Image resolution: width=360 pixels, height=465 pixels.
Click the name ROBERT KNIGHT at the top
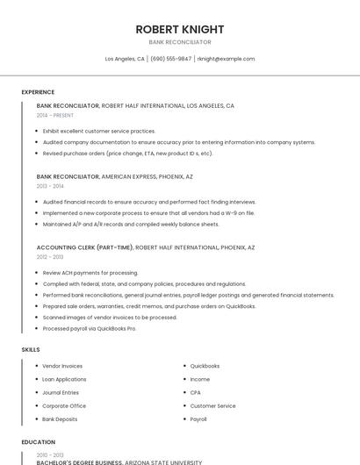[179, 29]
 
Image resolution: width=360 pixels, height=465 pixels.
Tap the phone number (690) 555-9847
[170, 59]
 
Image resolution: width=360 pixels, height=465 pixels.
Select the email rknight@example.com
[226, 59]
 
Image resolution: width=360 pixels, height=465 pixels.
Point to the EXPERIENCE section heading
[38, 92]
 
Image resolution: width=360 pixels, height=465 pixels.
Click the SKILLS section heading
[31, 349]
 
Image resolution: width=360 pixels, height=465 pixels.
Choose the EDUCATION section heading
[38, 442]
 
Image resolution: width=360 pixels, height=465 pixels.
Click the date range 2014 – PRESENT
[55, 115]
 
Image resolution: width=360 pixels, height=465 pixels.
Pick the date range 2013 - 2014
[50, 186]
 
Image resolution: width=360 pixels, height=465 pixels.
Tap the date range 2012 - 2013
[50, 257]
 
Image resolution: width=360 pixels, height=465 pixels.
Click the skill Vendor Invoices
[62, 366]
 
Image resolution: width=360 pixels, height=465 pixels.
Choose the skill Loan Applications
[64, 379]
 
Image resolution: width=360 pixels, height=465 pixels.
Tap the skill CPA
[195, 392]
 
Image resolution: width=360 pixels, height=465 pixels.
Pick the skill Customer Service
[212, 406]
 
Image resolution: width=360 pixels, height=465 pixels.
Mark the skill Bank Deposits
[60, 419]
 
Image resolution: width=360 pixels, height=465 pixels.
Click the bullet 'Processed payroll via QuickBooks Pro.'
[90, 328]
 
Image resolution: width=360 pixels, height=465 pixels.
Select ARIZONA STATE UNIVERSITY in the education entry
[162, 462]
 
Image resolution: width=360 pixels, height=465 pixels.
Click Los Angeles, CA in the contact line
[125, 59]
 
